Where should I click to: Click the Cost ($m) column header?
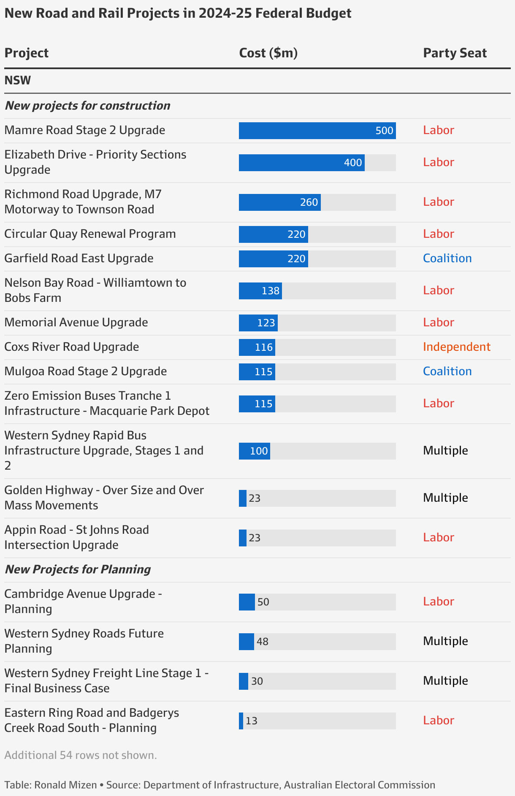pos(268,53)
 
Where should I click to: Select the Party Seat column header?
pos(455,53)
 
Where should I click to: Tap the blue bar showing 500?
pos(317,131)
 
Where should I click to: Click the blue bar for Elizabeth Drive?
pos(301,163)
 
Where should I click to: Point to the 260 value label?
pos(309,202)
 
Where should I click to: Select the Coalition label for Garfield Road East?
pos(447,258)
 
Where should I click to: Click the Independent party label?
pos(456,347)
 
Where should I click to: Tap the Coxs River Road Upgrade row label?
pos(72,347)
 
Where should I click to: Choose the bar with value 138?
pos(260,291)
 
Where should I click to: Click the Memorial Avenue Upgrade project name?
pos(76,322)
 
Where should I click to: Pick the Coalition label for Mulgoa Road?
pos(447,371)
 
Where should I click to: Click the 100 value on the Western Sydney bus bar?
pos(259,451)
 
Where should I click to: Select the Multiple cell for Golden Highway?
pos(445,497)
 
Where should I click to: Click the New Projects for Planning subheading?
pos(78,569)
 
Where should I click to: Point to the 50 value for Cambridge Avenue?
pos(263,602)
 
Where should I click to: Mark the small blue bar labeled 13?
pos(241,721)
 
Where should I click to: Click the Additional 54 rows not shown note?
pos(81,755)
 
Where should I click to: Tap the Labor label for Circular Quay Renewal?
pos(438,234)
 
